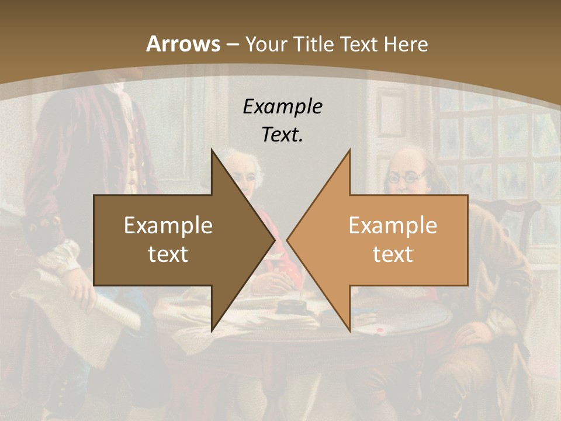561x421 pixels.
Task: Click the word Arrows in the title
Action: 183,44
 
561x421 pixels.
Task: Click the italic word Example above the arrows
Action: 282,106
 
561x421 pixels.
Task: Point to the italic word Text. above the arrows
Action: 282,134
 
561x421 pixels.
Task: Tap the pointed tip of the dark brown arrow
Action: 273,240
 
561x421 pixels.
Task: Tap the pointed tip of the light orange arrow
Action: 289,240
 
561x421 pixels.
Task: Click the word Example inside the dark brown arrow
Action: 168,226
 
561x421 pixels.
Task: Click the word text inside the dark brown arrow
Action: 168,254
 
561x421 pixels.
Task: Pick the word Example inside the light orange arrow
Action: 393,226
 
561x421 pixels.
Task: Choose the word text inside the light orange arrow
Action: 393,254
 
